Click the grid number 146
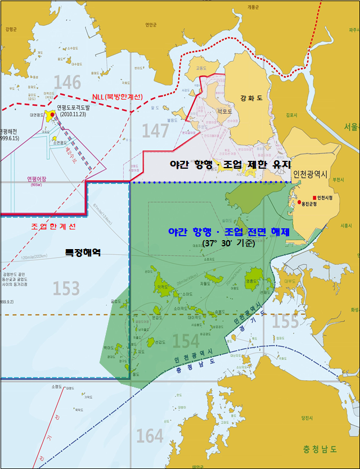67,83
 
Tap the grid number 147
155,130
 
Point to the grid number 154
186,341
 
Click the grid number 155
285,322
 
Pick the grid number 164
150,435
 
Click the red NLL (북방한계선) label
116,97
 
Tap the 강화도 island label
251,97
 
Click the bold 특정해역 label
82,254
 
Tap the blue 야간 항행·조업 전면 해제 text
229,232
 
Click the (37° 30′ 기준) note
229,244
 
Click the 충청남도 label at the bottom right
319,449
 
